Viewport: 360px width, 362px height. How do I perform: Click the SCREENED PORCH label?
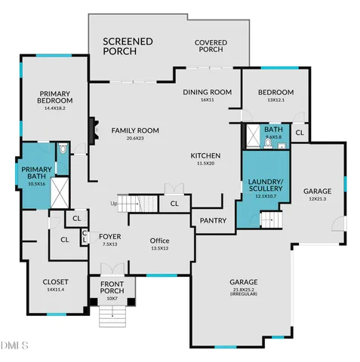click(128, 46)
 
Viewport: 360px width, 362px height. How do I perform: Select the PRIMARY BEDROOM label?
click(56, 97)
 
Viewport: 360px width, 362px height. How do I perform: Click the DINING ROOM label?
click(207, 92)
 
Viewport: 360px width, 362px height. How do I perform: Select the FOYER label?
click(110, 236)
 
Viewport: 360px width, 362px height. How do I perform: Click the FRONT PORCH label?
click(112, 288)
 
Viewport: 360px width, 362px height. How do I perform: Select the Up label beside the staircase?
click(114, 204)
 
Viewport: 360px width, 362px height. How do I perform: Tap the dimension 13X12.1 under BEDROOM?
click(275, 100)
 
